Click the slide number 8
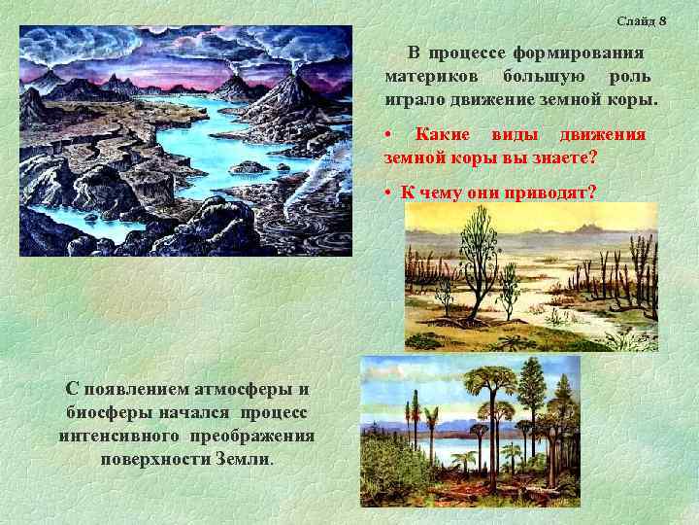662,21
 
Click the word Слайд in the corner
635,21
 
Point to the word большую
541,76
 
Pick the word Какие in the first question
443,133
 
